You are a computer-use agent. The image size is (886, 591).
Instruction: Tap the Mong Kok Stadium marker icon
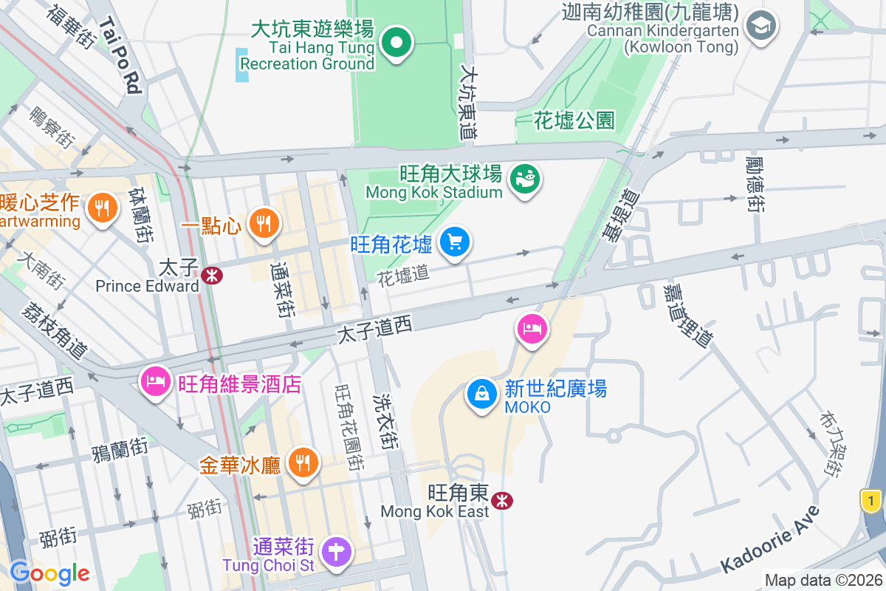pyautogui.click(x=525, y=179)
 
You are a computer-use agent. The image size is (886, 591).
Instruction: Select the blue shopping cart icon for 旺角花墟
pyautogui.click(x=455, y=242)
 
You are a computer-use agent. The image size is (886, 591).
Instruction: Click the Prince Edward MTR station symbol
pyautogui.click(x=213, y=276)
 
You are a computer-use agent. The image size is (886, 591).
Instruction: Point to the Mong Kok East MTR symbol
pyautogui.click(x=502, y=501)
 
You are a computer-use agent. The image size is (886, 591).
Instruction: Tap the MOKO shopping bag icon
pyautogui.click(x=481, y=394)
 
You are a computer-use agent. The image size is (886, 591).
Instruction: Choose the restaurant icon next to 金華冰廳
pyautogui.click(x=303, y=463)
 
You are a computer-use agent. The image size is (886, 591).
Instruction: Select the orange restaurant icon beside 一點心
pyautogui.click(x=263, y=222)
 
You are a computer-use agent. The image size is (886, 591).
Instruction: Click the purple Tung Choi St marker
pyautogui.click(x=337, y=551)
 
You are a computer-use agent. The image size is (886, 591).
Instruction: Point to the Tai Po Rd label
pyautogui.click(x=119, y=56)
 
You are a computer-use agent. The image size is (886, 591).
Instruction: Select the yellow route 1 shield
pyautogui.click(x=872, y=501)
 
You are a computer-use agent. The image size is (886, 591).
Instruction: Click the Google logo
pyautogui.click(x=49, y=573)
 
